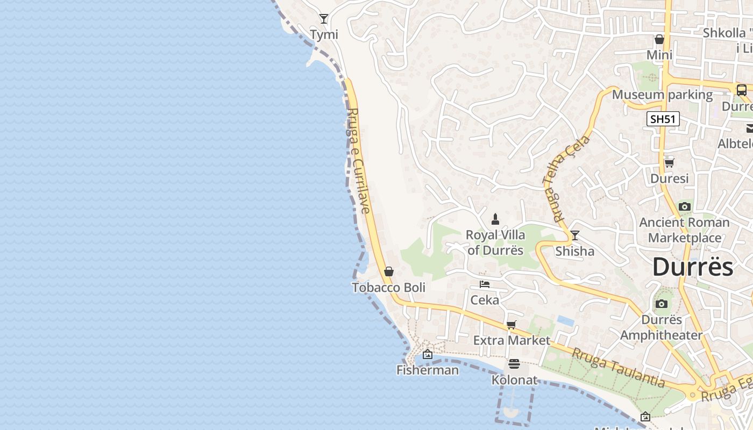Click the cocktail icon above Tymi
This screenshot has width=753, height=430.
[324, 19]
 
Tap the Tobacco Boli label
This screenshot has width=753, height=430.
[388, 288]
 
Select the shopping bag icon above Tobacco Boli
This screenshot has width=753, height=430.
[389, 271]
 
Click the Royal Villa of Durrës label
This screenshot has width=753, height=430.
[495, 242]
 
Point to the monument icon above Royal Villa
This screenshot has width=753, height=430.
[495, 219]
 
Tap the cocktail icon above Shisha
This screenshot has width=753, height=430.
[575, 235]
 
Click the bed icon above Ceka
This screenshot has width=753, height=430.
[485, 284]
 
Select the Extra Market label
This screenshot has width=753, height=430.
[512, 340]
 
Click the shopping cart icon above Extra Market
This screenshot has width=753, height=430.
[511, 325]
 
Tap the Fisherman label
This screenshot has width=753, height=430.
[428, 370]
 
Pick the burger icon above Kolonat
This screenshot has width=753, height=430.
[514, 364]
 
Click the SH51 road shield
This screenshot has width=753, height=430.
[663, 119]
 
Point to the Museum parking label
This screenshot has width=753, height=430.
[662, 95]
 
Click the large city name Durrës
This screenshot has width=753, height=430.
[692, 267]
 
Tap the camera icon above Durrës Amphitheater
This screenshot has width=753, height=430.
[662, 304]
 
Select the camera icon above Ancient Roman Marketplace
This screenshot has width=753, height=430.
[684, 206]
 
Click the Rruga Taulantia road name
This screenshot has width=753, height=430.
[618, 368]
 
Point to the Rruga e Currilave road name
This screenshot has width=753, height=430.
[359, 160]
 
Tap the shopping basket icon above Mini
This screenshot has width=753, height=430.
[659, 39]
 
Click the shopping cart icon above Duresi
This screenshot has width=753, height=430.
[670, 162]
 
